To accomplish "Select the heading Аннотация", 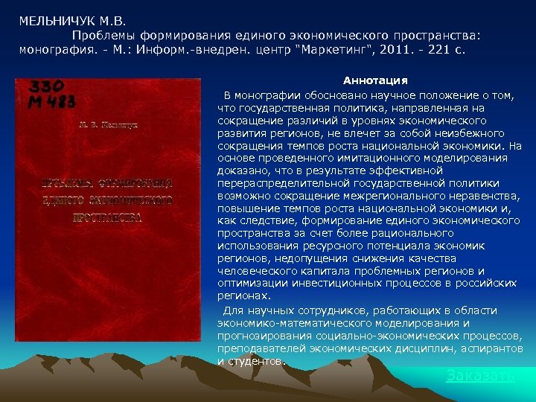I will [x=374, y=80].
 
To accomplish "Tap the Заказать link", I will [x=479, y=376].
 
